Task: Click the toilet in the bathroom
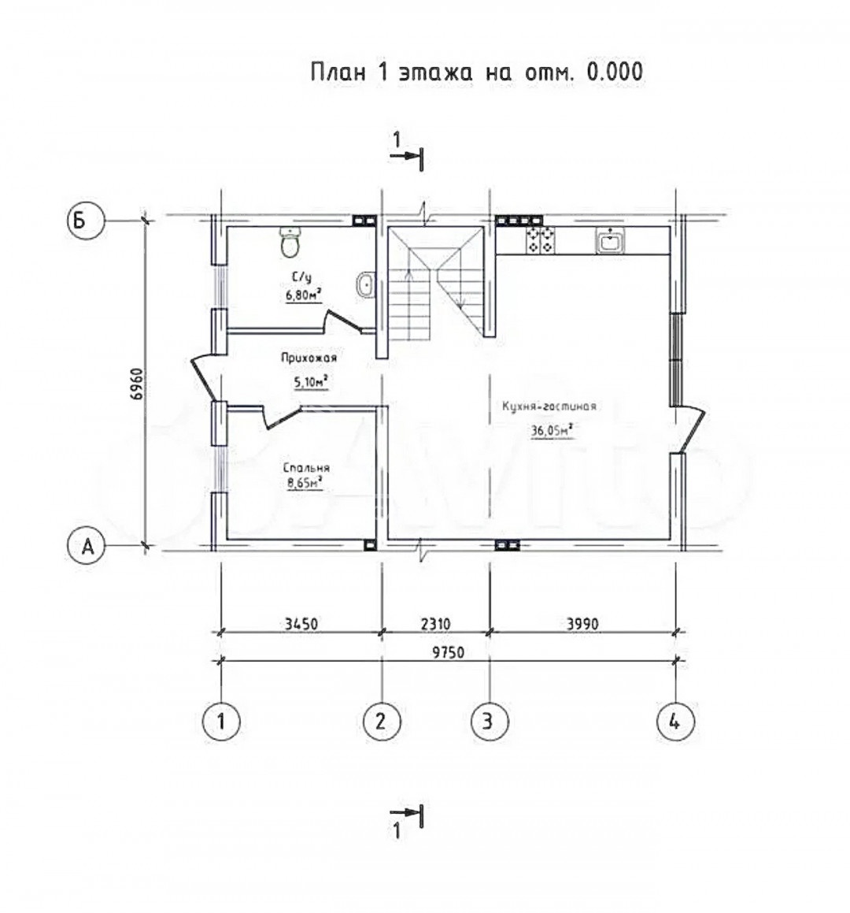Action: [290, 242]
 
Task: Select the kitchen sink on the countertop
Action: [610, 240]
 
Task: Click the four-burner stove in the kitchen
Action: [540, 240]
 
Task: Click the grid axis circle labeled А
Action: [87, 546]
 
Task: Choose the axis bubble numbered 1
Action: [221, 722]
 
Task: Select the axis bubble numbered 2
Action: [382, 722]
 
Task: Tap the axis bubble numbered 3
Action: [490, 722]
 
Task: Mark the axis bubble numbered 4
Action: [675, 722]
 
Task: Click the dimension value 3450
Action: [301, 624]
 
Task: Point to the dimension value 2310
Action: [435, 624]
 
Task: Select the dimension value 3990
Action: [582, 624]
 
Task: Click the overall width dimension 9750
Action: [448, 652]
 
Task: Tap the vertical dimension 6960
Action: [136, 384]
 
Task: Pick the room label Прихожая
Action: [309, 358]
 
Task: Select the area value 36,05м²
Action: [551, 430]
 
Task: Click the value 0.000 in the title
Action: [615, 72]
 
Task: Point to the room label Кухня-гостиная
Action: [549, 406]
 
